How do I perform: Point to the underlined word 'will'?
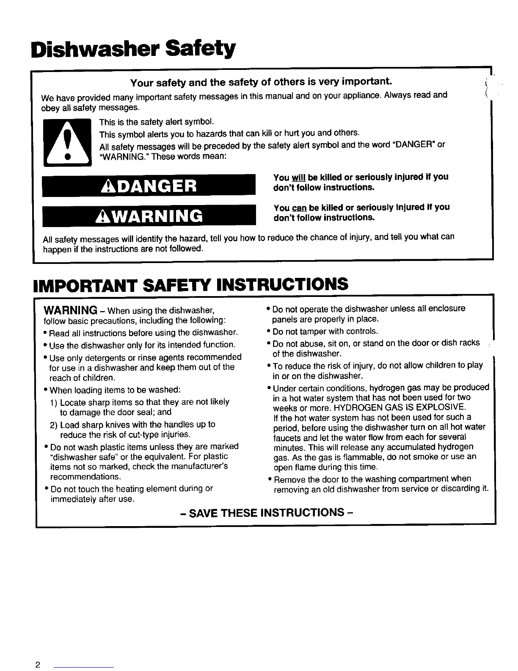click(x=298, y=177)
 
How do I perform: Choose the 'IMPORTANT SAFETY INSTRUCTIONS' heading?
click(x=190, y=285)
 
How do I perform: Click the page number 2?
click(x=38, y=665)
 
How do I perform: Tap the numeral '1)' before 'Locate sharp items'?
click(x=54, y=402)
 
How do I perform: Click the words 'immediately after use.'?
click(x=92, y=499)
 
